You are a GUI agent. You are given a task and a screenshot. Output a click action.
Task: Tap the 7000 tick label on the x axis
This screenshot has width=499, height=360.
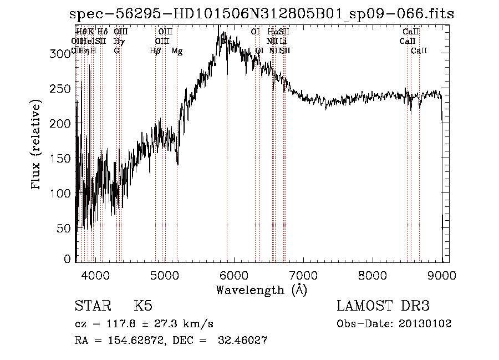pyautogui.click(x=303, y=274)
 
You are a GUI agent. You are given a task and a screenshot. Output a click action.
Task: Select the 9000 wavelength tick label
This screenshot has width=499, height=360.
pyautogui.click(x=442, y=274)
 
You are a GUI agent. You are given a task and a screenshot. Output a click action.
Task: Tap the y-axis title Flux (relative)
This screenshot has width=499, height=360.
pyautogui.click(x=37, y=145)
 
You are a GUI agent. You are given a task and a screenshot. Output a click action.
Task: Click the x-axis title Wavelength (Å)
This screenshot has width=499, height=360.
pyautogui.click(x=261, y=290)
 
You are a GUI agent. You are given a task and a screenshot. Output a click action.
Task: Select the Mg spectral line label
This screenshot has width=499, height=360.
pyautogui.click(x=177, y=51)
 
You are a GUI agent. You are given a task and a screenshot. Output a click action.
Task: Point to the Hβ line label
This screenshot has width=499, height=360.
pyautogui.click(x=155, y=51)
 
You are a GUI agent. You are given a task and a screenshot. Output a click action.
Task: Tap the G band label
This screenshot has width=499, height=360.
pyautogui.click(x=116, y=51)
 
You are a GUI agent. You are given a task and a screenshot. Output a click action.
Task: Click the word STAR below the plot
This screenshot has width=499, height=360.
pyautogui.click(x=91, y=306)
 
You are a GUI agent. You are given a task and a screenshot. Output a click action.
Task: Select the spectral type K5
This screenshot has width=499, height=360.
pyautogui.click(x=143, y=306)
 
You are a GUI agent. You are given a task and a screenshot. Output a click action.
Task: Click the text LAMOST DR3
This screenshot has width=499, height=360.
pyautogui.click(x=383, y=306)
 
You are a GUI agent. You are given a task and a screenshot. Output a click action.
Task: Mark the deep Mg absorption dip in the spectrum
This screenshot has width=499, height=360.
pyautogui.click(x=177, y=162)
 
